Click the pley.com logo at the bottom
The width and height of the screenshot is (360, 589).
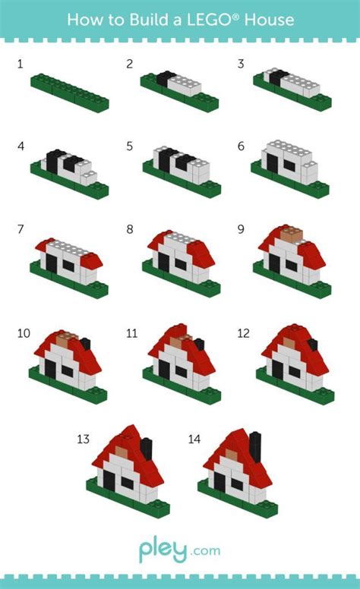tap(179, 550)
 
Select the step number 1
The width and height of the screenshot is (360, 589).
tap(21, 65)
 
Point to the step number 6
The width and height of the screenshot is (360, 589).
tap(241, 145)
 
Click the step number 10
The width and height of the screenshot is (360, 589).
tap(24, 333)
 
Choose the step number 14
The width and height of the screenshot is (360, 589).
tap(194, 439)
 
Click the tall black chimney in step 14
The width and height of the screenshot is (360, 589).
tap(255, 445)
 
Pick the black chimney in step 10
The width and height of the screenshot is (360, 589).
tap(84, 345)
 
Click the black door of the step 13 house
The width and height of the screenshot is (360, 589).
tap(109, 480)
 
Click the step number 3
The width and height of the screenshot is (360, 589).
tap(241, 65)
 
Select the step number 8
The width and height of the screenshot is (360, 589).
tap(130, 228)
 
